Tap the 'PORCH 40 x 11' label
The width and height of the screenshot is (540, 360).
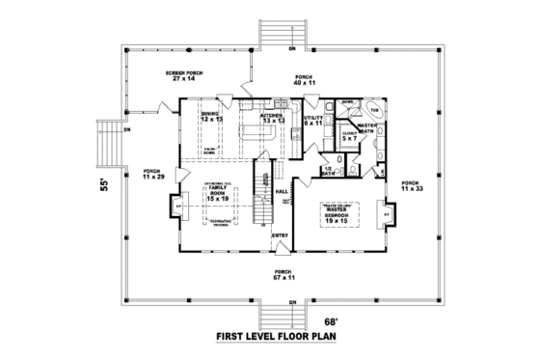tap(305, 80)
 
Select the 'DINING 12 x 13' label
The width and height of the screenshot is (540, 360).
tap(209, 116)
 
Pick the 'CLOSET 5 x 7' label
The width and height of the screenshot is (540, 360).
tap(348, 136)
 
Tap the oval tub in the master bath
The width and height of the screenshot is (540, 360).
tap(376, 112)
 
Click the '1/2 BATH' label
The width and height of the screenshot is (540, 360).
tap(329, 171)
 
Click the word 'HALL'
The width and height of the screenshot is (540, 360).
tap(283, 192)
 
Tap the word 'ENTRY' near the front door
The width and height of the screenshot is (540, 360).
tap(280, 235)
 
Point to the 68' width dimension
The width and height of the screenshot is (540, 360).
tap(331, 322)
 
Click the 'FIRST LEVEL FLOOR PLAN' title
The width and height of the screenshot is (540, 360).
tap(275, 339)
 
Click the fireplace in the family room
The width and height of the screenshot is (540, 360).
tap(177, 207)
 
